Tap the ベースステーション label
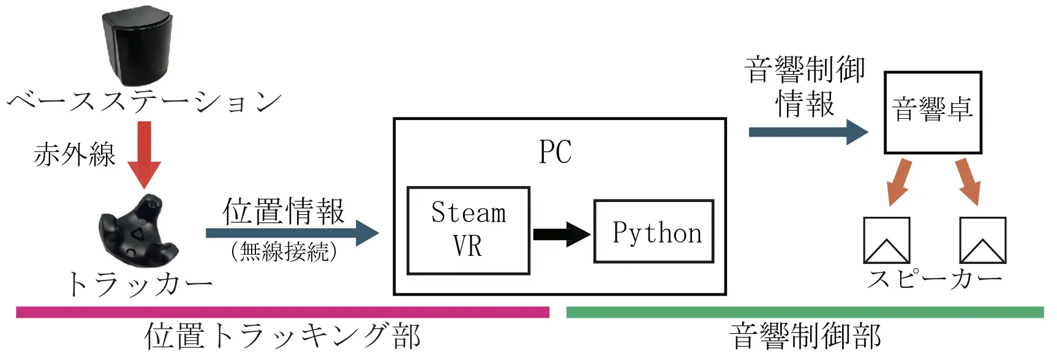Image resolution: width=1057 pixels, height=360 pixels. click(x=145, y=102)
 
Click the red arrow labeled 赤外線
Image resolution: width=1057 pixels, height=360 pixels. click(x=144, y=155)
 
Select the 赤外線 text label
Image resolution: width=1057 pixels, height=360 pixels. click(x=75, y=154)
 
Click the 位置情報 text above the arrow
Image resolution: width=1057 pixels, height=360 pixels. click(x=284, y=211)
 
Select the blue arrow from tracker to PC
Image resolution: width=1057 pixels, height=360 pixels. click(x=293, y=233)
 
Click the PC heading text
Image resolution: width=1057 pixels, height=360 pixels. click(x=555, y=152)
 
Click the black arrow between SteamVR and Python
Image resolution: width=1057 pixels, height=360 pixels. click(x=562, y=234)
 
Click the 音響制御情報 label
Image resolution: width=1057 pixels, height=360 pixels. click(x=805, y=86)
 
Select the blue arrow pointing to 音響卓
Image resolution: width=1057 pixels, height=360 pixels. click(x=808, y=132)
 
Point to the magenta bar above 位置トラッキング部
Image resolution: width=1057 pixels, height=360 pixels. click(x=283, y=312)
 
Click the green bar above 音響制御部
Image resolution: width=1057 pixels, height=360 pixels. click(x=805, y=312)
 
